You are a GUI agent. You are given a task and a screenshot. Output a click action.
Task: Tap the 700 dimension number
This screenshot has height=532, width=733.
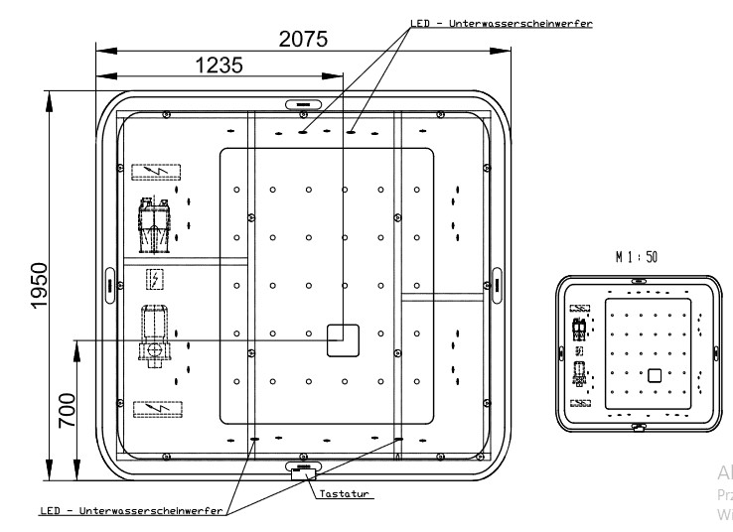[67, 408]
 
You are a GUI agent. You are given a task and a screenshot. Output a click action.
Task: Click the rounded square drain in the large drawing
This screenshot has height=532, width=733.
[343, 339]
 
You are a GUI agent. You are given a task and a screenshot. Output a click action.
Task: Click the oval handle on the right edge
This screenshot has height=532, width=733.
[497, 283]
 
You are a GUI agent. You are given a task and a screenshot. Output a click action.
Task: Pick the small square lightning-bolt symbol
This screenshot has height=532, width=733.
[154, 277]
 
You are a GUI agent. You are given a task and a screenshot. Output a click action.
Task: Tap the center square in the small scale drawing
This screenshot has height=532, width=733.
[655, 374]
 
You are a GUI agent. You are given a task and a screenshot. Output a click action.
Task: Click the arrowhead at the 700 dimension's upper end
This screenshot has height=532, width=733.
[76, 345]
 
